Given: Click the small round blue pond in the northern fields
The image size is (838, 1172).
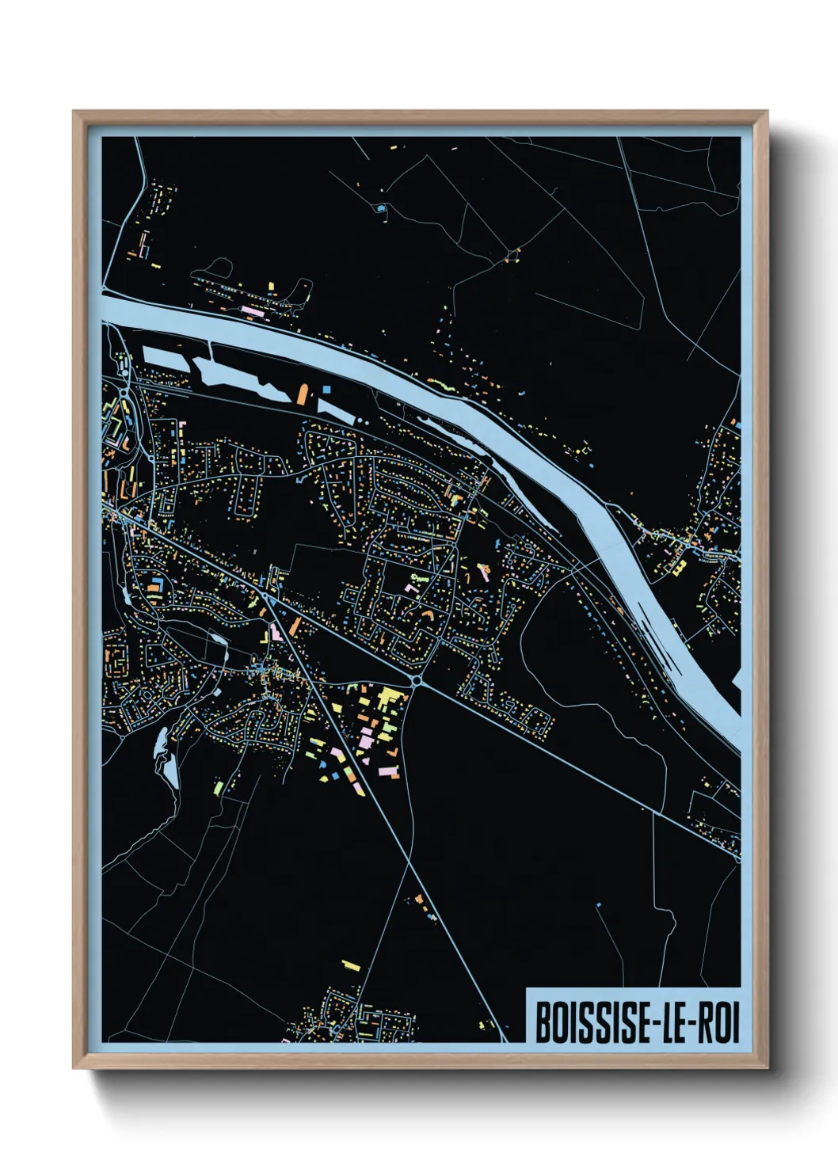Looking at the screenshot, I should click(381, 209).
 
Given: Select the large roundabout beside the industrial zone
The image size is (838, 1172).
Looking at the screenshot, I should click(417, 679).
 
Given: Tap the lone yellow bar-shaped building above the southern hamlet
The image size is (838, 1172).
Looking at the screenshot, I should click(351, 965).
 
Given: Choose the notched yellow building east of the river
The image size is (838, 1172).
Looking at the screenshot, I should click(679, 567).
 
